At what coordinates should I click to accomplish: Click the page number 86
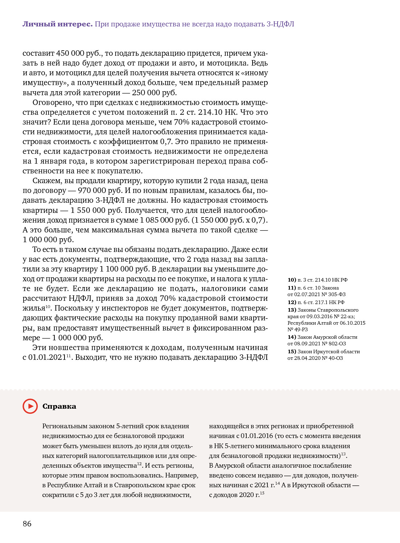click(27, 523)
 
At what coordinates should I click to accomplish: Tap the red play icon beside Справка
click(30, 406)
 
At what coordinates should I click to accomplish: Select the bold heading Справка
click(59, 406)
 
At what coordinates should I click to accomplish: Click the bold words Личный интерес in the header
click(57, 24)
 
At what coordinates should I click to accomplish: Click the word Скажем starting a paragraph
click(47, 181)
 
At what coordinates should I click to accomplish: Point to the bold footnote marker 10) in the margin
click(292, 280)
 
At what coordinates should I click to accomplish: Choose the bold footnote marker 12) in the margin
click(292, 302)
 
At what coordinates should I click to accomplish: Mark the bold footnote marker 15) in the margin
click(292, 352)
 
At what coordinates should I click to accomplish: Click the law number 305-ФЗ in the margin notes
click(337, 294)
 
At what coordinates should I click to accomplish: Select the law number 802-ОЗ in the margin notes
click(337, 344)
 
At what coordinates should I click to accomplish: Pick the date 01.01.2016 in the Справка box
click(257, 436)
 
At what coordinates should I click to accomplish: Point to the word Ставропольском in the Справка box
click(137, 485)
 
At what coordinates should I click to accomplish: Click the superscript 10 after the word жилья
click(48, 307)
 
